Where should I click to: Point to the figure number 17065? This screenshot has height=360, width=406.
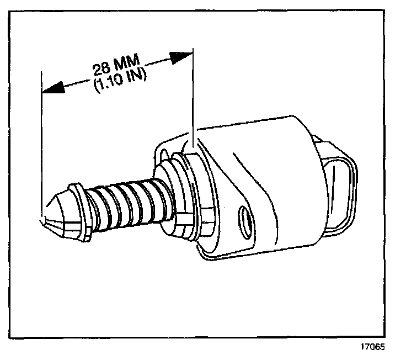[x=372, y=347]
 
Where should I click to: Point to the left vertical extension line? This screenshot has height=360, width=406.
[x=42, y=144]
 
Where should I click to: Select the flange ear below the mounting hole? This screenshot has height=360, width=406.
[x=221, y=251]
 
